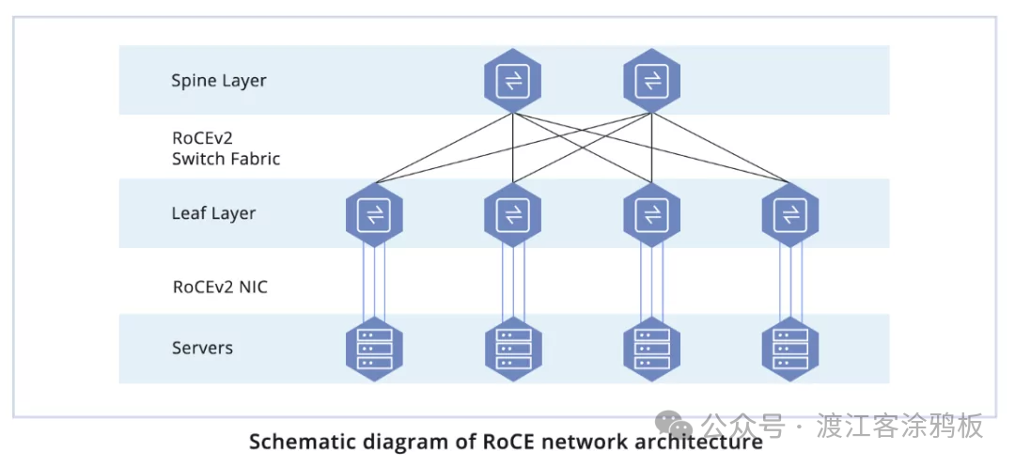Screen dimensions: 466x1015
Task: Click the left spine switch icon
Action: tap(513, 81)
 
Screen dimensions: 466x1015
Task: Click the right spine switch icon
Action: tap(651, 81)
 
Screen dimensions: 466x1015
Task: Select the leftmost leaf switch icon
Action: tap(374, 215)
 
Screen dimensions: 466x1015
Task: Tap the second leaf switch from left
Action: tap(513, 215)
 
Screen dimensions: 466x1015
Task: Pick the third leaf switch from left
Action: tap(651, 215)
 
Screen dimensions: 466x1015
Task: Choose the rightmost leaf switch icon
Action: tap(789, 215)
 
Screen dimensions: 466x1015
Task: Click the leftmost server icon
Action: tap(374, 349)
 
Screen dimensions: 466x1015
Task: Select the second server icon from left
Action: tap(513, 349)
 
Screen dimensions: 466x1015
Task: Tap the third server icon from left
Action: tap(651, 349)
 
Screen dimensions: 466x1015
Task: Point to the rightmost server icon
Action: tap(789, 349)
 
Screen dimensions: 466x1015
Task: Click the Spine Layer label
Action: tap(218, 81)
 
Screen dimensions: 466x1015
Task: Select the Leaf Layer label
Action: tap(213, 214)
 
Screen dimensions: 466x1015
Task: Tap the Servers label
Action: tap(202, 349)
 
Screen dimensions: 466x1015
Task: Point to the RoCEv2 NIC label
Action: tap(220, 287)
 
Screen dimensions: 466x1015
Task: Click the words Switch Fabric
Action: tap(226, 159)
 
